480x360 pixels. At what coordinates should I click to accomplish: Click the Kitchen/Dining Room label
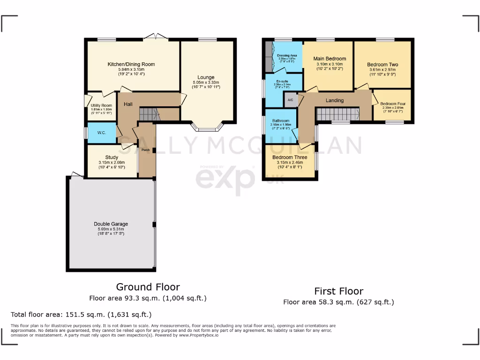click(x=131, y=64)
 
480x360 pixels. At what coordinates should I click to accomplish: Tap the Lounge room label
click(x=206, y=77)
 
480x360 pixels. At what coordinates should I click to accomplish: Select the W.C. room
click(x=102, y=133)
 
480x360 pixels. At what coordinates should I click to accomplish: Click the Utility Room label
click(x=101, y=105)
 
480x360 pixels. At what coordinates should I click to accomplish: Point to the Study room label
click(x=112, y=157)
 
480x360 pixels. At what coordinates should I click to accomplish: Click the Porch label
click(x=146, y=150)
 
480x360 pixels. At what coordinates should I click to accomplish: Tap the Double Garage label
click(x=111, y=224)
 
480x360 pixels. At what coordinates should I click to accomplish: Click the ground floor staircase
click(x=150, y=114)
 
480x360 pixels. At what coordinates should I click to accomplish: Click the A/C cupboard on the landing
click(x=290, y=100)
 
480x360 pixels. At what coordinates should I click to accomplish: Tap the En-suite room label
click(x=282, y=81)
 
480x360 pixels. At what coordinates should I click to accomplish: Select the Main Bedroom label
click(x=330, y=59)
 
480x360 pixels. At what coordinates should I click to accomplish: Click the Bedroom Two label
click(x=382, y=65)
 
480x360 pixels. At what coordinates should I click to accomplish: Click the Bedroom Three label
click(x=290, y=157)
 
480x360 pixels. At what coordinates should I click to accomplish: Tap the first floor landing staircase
click(x=337, y=114)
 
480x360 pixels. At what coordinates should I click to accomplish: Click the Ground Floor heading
click(x=148, y=287)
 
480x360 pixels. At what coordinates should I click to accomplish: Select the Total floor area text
click(x=81, y=315)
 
